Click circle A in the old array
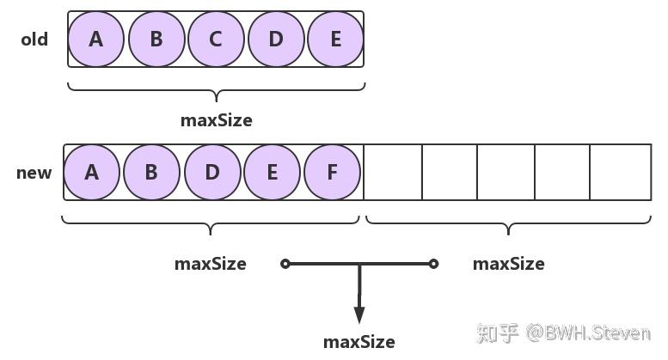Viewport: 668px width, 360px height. pyautogui.click(x=95, y=39)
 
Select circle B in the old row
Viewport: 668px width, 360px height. pyautogui.click(x=156, y=39)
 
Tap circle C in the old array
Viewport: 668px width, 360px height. pyautogui.click(x=216, y=39)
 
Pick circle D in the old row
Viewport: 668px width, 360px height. pyautogui.click(x=276, y=39)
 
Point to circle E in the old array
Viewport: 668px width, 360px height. pyautogui.click(x=335, y=39)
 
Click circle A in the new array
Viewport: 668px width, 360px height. pyautogui.click(x=91, y=172)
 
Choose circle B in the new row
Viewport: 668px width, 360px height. pyautogui.click(x=151, y=172)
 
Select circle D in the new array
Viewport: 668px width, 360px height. pyautogui.click(x=211, y=172)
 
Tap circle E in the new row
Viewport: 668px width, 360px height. pyautogui.click(x=272, y=172)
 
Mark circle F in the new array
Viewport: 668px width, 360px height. pyautogui.click(x=332, y=172)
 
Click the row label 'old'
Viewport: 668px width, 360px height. pyautogui.click(x=34, y=40)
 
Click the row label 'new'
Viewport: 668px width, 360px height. pyautogui.click(x=34, y=173)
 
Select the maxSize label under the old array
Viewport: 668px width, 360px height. pyautogui.click(x=217, y=120)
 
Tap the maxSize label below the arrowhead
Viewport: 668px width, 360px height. pyautogui.click(x=359, y=342)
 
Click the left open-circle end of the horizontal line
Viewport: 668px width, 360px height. pyautogui.click(x=285, y=264)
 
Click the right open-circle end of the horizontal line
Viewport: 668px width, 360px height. pyautogui.click(x=434, y=264)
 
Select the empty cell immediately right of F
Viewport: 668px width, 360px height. pyautogui.click(x=393, y=172)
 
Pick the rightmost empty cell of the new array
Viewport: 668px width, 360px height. pyautogui.click(x=621, y=172)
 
